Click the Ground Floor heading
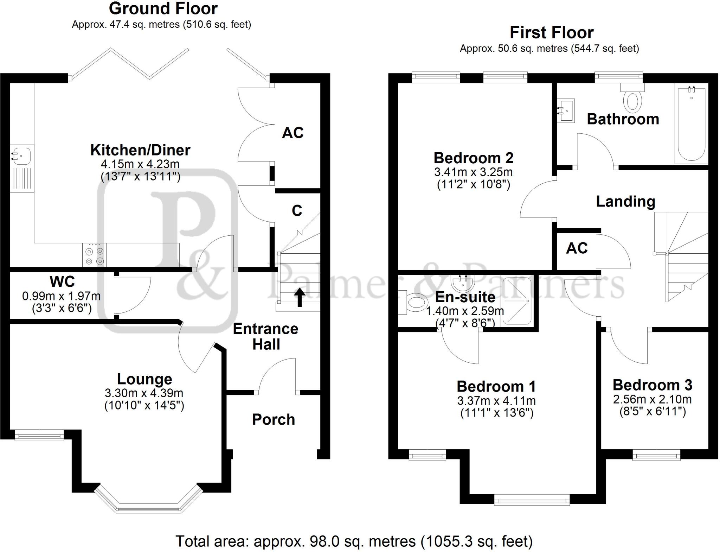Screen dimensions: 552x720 point(163,8)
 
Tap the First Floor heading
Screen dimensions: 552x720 point(552,33)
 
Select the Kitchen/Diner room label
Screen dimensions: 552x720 point(140,150)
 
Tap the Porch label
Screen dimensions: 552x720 point(274,419)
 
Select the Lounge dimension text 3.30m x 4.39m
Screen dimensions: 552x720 point(144,393)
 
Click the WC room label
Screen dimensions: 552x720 point(62,281)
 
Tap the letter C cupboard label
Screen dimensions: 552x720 point(297,211)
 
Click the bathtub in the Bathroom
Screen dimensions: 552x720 point(691,125)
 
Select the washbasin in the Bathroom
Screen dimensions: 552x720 point(566,110)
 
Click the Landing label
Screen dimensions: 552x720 point(626,202)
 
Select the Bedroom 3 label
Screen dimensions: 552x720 point(652,385)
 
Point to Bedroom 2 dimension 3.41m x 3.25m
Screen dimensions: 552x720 point(473,172)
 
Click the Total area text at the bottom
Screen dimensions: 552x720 point(354,541)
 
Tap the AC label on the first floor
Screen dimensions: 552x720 point(577,248)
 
